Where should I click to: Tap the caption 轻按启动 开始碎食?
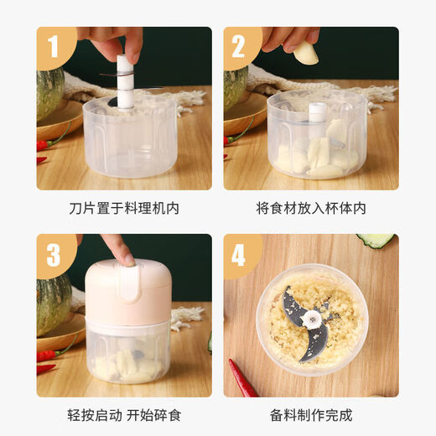pyautogui.click(x=123, y=415)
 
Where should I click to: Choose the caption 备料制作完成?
pyautogui.click(x=311, y=415)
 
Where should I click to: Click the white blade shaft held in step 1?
pyautogui.click(x=126, y=84)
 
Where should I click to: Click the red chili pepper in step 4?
pyautogui.click(x=244, y=378)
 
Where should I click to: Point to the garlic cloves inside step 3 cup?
pyautogui.click(x=126, y=365)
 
